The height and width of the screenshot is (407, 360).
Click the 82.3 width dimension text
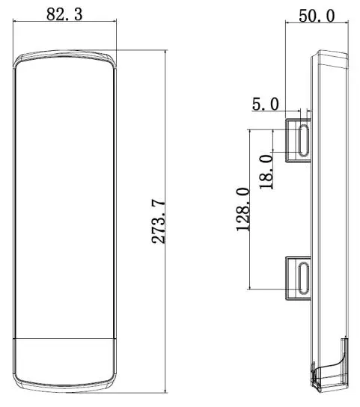click(64, 13)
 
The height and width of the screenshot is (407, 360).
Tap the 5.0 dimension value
click(265, 104)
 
